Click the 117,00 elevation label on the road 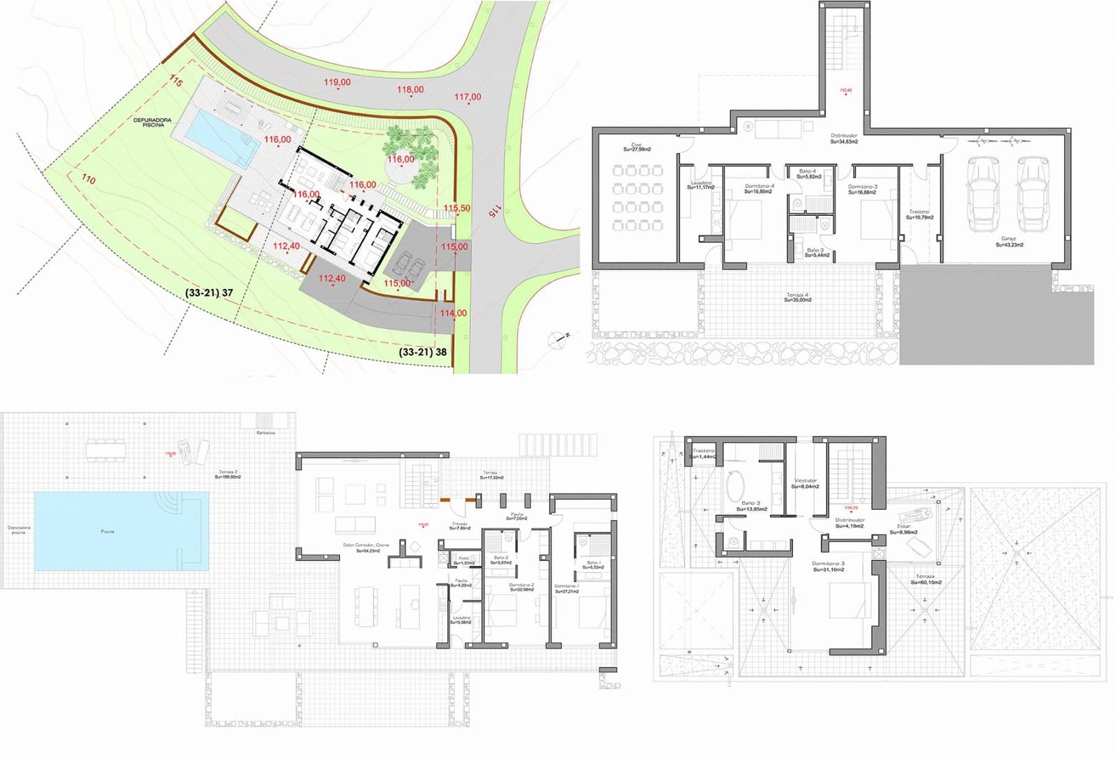[468, 97]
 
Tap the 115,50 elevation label [456, 208]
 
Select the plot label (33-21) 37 [209, 293]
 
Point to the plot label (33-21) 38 [422, 352]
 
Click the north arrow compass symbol [557, 340]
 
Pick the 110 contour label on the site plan [89, 179]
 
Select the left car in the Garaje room [983, 194]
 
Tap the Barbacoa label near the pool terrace [266, 432]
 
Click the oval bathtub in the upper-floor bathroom [735, 485]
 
